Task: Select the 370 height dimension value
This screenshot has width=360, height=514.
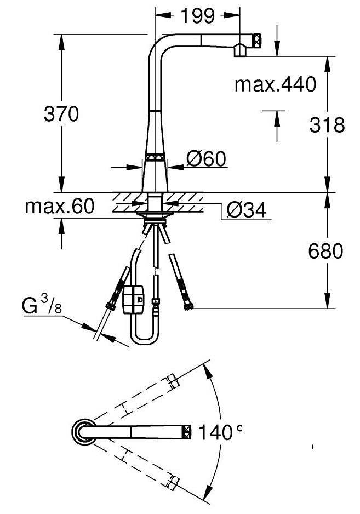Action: pos(61,114)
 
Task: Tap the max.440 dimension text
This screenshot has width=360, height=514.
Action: pos(275,84)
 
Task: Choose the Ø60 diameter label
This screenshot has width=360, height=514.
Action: pos(205,159)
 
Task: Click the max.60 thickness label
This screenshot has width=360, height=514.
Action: pos(59,207)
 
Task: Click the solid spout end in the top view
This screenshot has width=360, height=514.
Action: pos(186,432)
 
